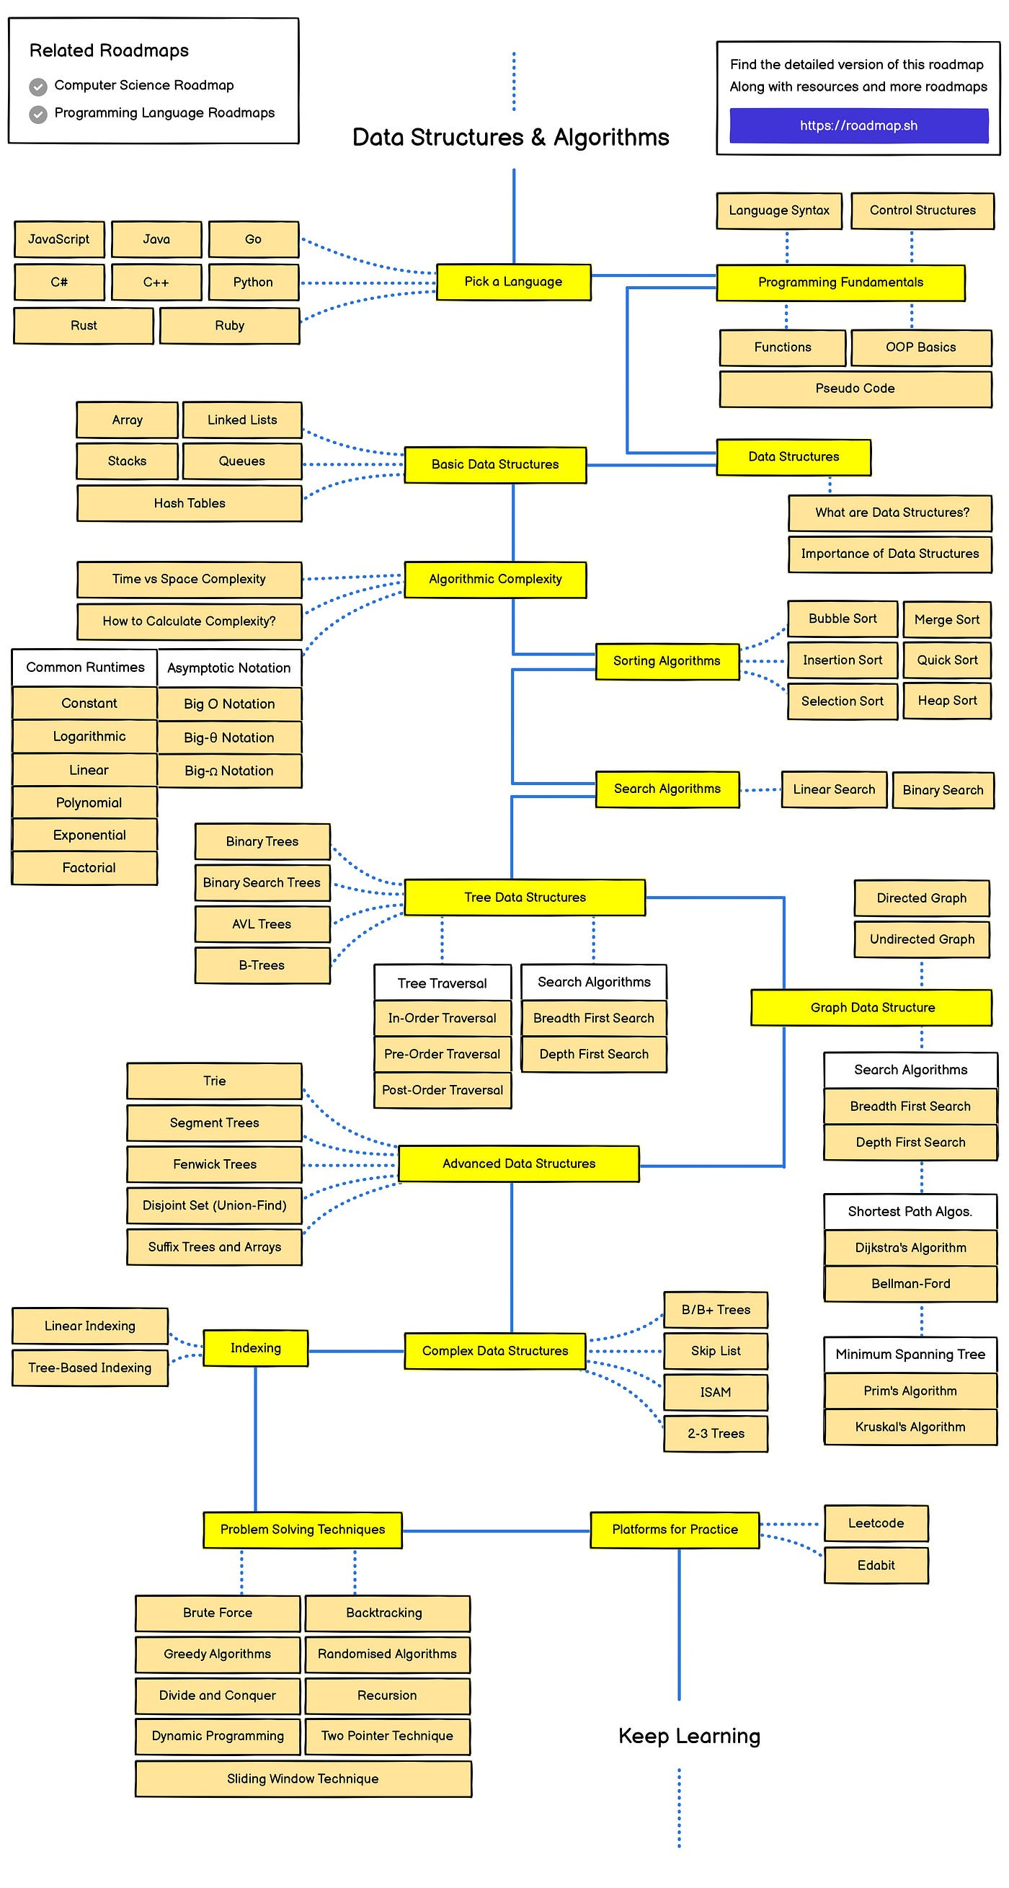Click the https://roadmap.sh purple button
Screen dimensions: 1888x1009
858,125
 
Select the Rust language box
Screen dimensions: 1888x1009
84,325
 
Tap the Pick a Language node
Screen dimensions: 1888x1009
513,281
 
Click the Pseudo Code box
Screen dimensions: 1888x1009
855,389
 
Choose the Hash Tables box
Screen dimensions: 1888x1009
189,502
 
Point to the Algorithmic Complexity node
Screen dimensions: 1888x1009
494,579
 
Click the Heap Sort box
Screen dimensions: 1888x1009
947,701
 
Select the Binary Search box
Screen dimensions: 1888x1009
942,789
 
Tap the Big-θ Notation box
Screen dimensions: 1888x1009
228,737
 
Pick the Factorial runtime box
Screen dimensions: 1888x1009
89,867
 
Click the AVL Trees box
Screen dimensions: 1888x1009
262,924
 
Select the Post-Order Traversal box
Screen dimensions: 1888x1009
442,1090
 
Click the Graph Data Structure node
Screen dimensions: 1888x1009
872,1007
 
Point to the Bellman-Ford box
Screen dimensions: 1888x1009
910,1283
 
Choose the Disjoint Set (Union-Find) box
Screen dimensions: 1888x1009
214,1205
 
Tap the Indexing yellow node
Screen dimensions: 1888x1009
255,1348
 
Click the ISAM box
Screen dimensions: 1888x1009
715,1392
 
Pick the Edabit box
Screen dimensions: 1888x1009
876,1565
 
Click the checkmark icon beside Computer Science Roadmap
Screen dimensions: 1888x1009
38,87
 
